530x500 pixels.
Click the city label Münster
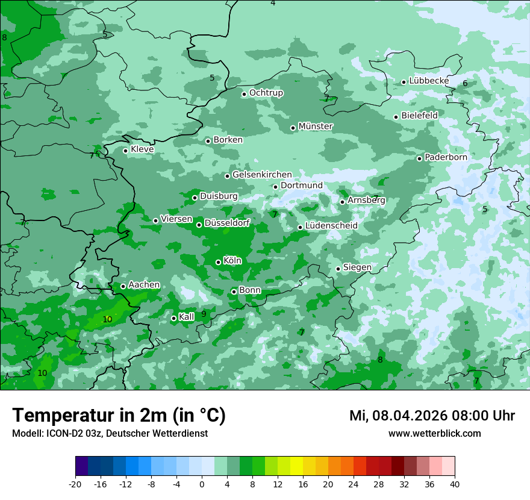pos(316,127)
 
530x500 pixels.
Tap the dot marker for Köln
pos(218,262)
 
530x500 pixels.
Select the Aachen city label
pos(144,285)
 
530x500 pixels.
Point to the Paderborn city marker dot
pos(419,158)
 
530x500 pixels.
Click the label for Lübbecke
pos(429,81)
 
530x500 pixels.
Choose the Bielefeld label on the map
pos(419,115)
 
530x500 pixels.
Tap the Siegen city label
pos(357,267)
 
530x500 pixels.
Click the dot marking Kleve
pos(125,151)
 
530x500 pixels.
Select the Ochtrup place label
pos(266,93)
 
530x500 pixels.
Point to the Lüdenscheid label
pos(331,226)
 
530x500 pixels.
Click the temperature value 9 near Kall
pos(204,314)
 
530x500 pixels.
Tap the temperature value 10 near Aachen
pos(107,319)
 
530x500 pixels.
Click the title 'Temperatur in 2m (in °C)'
pos(119,416)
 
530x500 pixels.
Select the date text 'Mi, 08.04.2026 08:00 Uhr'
pos(432,416)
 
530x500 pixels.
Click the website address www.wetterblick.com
pos(434,434)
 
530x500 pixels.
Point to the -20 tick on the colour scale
pos(75,484)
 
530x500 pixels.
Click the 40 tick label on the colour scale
pos(455,484)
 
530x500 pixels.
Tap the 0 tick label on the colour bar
pos(202,484)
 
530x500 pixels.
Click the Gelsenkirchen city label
pos(262,175)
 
